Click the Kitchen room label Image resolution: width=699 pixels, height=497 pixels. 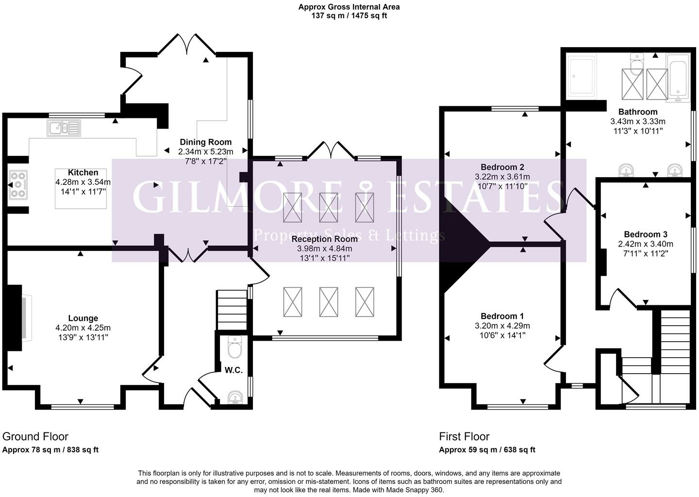tap(83, 173)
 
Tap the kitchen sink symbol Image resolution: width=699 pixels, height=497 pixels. tap(64, 129)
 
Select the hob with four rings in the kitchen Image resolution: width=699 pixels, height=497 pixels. tap(18, 184)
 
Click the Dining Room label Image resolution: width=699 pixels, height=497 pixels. tap(206, 142)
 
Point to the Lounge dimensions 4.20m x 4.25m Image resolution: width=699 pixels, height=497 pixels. tap(83, 328)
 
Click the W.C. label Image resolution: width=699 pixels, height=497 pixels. tap(233, 370)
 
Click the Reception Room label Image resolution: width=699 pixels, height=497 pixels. tap(324, 239)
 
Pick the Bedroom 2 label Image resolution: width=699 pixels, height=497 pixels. tap(502, 167)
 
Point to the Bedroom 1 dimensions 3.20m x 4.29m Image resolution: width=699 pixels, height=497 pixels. tap(502, 326)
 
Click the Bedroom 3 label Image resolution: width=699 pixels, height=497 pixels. tap(642, 234)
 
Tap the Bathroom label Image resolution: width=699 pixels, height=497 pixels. tap(638, 112)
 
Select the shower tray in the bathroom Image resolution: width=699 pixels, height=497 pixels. tap(582, 76)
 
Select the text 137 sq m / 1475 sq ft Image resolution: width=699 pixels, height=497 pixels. tap(349, 16)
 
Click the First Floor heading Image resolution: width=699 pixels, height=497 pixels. tap(465, 436)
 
